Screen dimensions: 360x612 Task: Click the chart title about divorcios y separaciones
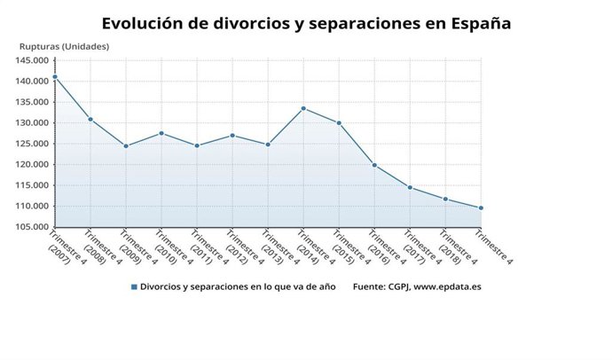pyautogui.click(x=305, y=23)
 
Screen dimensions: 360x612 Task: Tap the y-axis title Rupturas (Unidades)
pyautogui.click(x=64, y=46)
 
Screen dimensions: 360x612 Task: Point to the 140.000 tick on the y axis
pyautogui.click(x=32, y=81)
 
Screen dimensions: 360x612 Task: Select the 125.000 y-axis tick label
pyautogui.click(x=32, y=144)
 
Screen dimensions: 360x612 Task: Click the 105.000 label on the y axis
pyautogui.click(x=32, y=227)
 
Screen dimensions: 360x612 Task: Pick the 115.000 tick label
pyautogui.click(x=32, y=185)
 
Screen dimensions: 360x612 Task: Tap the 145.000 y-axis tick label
pyautogui.click(x=32, y=60)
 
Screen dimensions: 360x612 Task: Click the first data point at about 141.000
pyautogui.click(x=55, y=77)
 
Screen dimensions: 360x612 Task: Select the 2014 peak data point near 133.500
pyautogui.click(x=303, y=108)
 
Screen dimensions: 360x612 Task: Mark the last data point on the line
pyautogui.click(x=481, y=208)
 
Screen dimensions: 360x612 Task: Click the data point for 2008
pyautogui.click(x=90, y=119)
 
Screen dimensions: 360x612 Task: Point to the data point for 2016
pyautogui.click(x=374, y=165)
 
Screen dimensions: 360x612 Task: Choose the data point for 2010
pyautogui.click(x=161, y=133)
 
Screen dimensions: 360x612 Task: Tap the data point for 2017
pyautogui.click(x=410, y=187)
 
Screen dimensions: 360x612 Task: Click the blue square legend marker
pyautogui.click(x=134, y=287)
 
